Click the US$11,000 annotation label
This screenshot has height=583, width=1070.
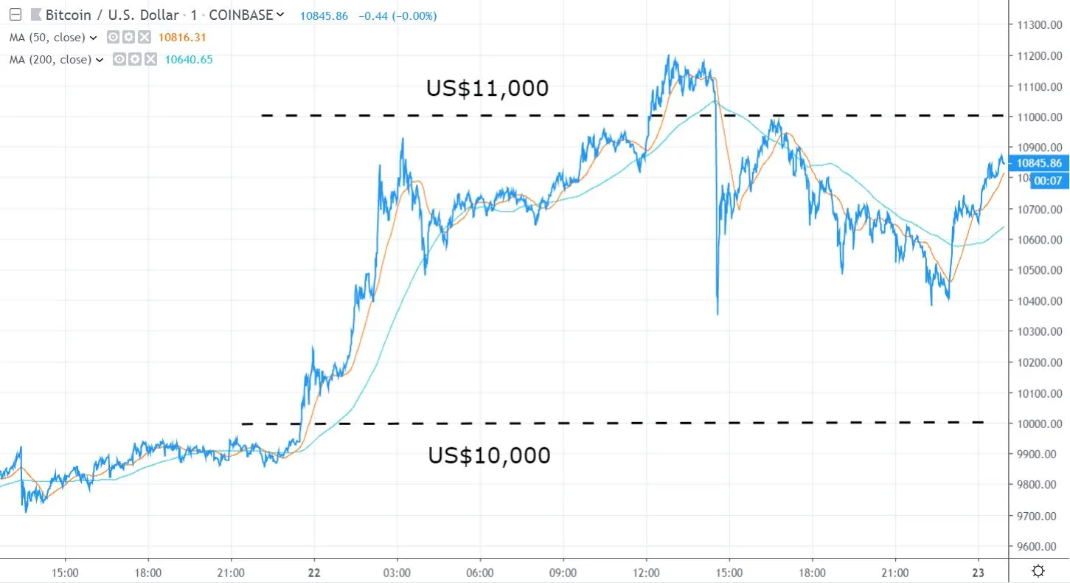(487, 89)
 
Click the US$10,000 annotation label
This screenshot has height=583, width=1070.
(489, 455)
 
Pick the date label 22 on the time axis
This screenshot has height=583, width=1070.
(314, 571)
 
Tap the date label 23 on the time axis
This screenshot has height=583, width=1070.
(979, 571)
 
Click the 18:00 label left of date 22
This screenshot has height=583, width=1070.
(147, 571)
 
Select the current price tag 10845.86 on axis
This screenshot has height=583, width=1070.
(1039, 164)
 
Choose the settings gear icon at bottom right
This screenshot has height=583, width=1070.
(1038, 570)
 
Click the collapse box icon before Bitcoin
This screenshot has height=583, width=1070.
(15, 15)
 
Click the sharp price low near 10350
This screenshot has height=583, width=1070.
(718, 314)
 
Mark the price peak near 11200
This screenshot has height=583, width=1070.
(669, 57)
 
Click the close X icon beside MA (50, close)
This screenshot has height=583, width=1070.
(145, 37)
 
